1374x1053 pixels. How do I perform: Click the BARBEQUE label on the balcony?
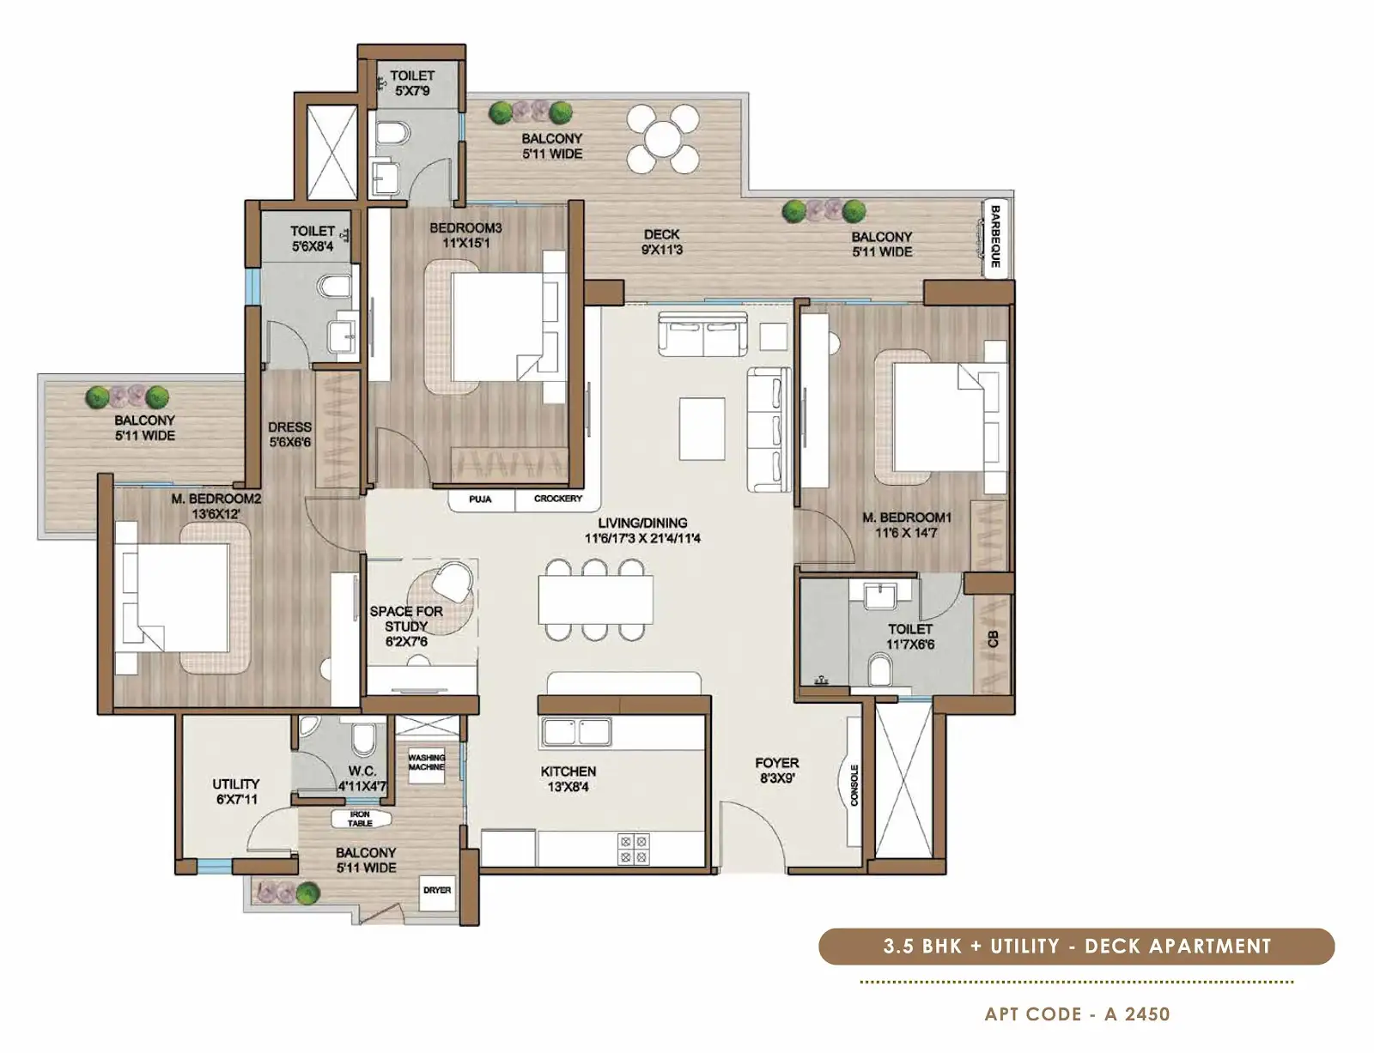tap(995, 236)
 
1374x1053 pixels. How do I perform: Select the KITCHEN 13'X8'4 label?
tap(568, 778)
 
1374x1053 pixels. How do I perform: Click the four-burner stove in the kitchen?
tap(634, 850)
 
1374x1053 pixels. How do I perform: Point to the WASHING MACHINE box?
tap(427, 762)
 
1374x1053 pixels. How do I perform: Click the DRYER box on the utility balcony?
tap(436, 890)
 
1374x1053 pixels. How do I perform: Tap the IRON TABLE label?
tap(360, 819)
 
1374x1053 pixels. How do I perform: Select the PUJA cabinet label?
tap(480, 499)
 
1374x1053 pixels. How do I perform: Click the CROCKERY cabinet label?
tap(558, 499)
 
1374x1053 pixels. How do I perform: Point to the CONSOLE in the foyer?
tap(854, 784)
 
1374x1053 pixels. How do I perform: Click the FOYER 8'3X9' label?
tap(776, 771)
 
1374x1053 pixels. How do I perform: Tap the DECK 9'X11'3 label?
tap(661, 242)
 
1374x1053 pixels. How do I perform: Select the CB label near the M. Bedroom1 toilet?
tap(994, 638)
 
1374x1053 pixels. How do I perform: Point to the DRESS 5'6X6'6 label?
tap(289, 435)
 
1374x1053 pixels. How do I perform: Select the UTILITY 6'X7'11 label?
tap(235, 791)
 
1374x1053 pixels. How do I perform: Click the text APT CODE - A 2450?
tap(1077, 1014)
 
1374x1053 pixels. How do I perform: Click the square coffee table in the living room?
tap(702, 428)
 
